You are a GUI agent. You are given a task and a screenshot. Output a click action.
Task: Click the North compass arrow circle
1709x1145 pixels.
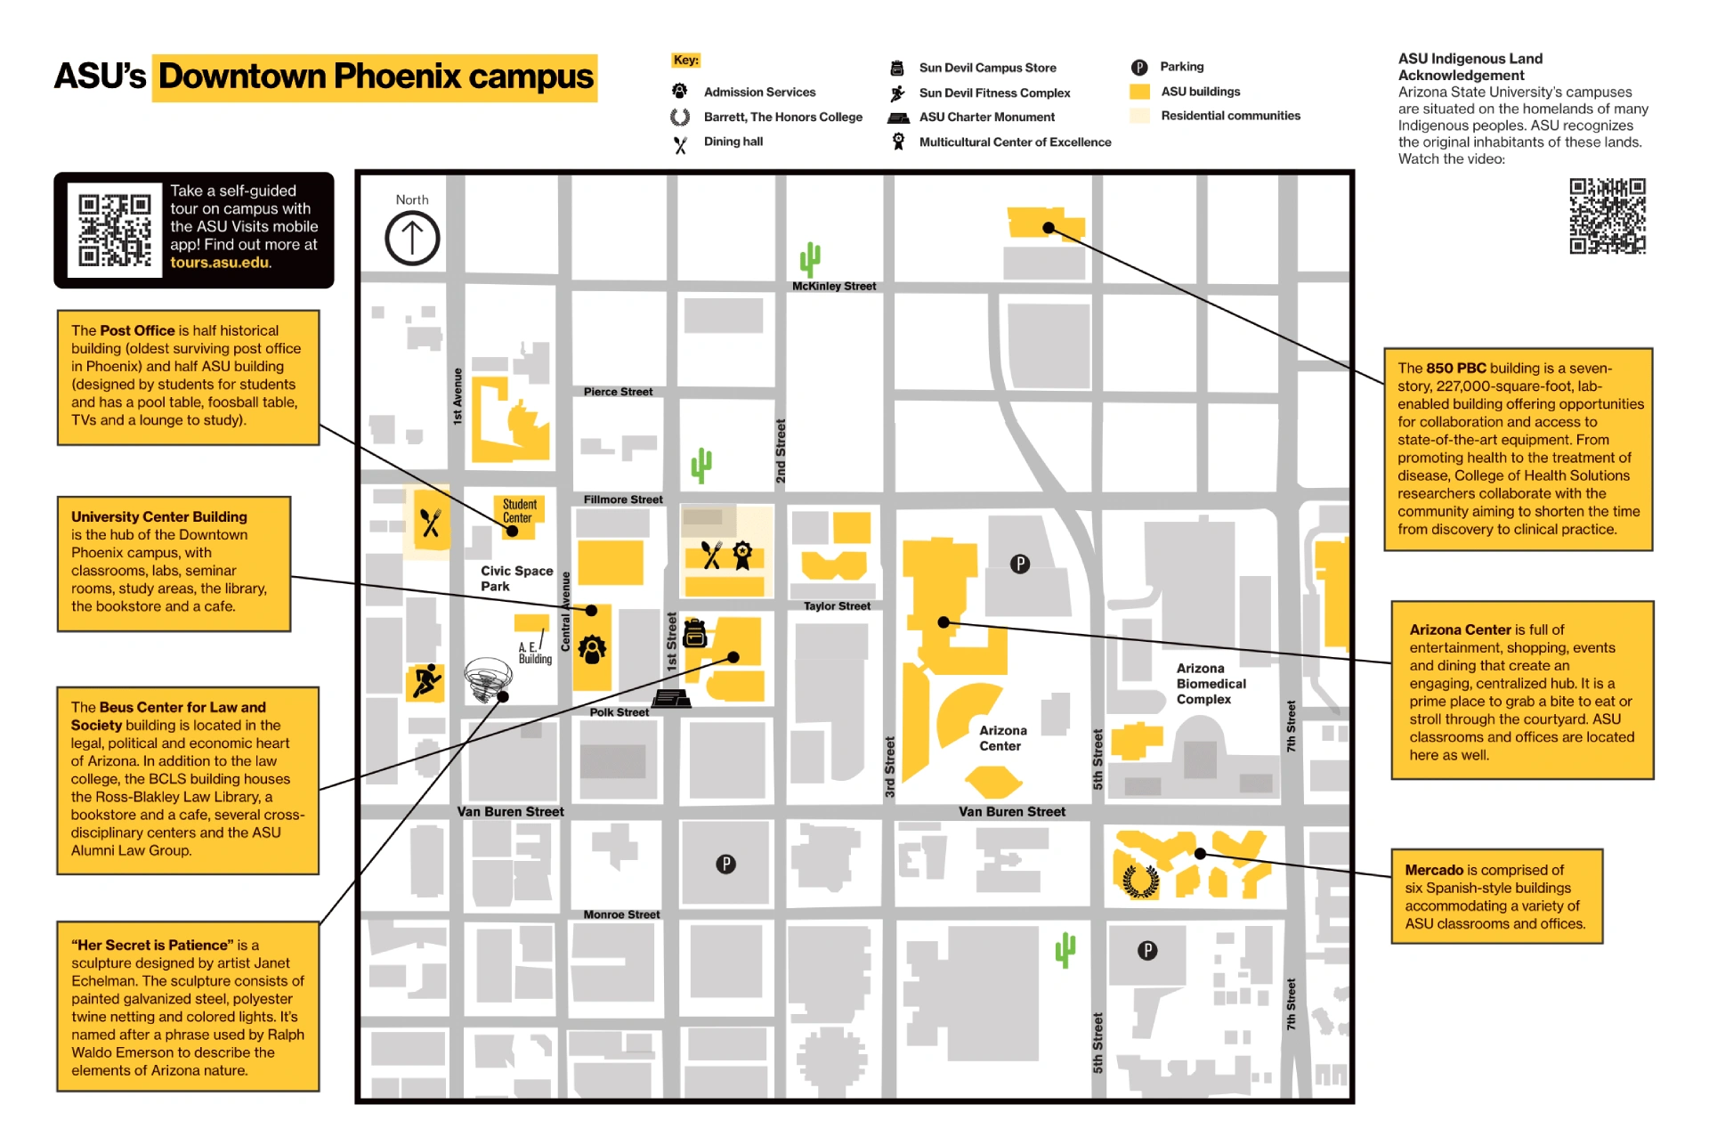[412, 239]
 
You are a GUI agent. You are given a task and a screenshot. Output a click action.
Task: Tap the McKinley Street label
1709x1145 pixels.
[834, 287]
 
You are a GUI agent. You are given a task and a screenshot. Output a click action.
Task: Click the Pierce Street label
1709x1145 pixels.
[618, 392]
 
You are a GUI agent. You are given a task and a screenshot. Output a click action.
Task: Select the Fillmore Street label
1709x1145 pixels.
[623, 499]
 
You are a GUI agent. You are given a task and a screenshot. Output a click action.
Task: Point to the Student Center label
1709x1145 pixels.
[519, 511]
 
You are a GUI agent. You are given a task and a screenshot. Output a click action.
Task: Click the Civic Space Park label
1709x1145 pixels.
[516, 578]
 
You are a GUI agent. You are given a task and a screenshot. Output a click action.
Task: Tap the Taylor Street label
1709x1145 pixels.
[837, 606]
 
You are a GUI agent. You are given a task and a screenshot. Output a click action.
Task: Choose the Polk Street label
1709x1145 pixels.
[619, 712]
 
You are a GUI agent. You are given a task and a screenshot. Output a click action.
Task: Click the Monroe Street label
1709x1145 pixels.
[621, 914]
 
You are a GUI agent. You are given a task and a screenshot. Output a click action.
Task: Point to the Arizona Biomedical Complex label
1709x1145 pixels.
[1211, 684]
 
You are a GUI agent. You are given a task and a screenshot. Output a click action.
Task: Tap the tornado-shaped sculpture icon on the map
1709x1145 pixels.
[487, 679]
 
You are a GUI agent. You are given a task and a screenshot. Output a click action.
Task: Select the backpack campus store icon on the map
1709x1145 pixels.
[694, 633]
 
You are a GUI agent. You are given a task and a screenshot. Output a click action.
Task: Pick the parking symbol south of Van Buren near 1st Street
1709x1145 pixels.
[726, 864]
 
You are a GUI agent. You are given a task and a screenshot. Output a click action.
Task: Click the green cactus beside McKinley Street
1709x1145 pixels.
[809, 260]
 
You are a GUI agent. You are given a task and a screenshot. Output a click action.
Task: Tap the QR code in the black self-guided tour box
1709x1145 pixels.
[115, 230]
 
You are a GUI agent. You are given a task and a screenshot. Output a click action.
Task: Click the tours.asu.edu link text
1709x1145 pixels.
[220, 263]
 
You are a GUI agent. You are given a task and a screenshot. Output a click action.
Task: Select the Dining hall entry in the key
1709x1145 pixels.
[733, 142]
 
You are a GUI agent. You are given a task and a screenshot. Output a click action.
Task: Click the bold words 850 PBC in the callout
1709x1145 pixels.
[1455, 369]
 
